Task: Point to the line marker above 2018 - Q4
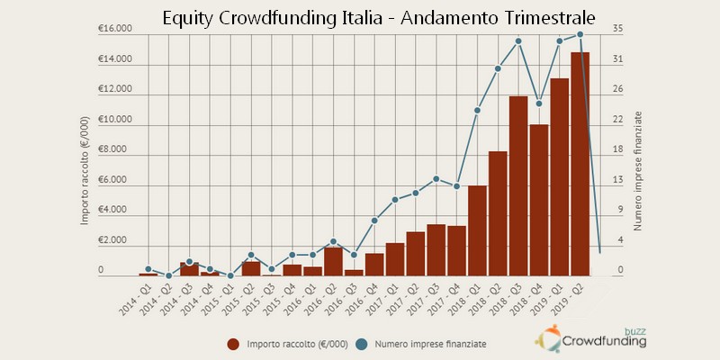539,103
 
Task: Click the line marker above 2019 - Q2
580,34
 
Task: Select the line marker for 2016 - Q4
374,220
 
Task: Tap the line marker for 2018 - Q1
477,111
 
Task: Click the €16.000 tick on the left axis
115,29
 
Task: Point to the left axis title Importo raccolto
85,171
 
